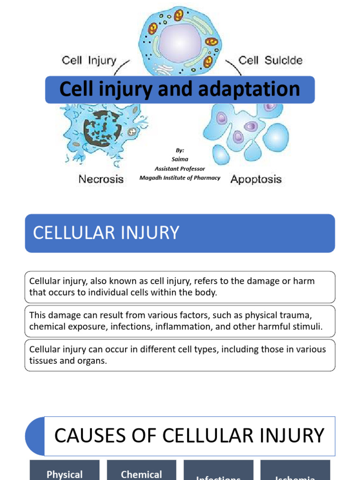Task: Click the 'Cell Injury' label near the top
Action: click(89, 60)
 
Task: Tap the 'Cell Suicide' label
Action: click(270, 60)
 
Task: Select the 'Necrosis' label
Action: click(101, 179)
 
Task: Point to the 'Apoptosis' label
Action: click(256, 179)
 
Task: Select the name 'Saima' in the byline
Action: click(180, 159)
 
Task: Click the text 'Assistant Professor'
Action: click(180, 169)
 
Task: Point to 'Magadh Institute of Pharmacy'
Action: click(180, 178)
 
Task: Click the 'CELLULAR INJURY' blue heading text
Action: click(106, 233)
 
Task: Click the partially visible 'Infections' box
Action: click(218, 476)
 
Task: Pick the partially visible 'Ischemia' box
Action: click(295, 476)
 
